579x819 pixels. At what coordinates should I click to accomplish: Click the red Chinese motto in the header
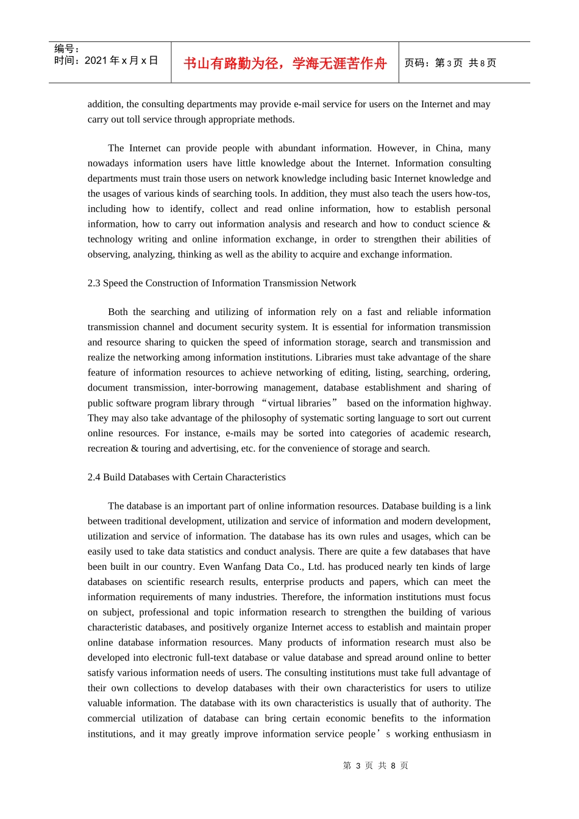coord(285,63)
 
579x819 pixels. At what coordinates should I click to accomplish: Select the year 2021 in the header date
coord(96,60)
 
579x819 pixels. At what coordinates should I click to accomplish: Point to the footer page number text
coord(375,765)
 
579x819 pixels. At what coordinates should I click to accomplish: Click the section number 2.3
coord(94,283)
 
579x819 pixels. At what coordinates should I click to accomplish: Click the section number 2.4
coord(94,477)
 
